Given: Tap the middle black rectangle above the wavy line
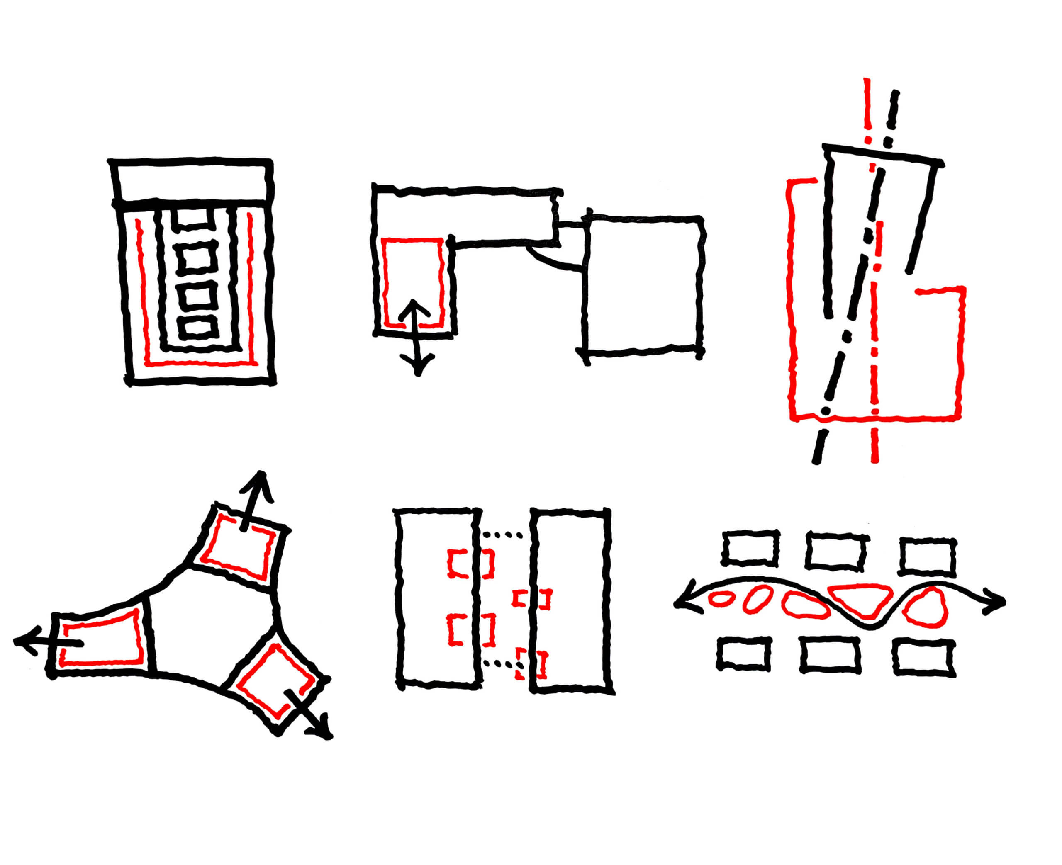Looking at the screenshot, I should click(836, 551).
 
